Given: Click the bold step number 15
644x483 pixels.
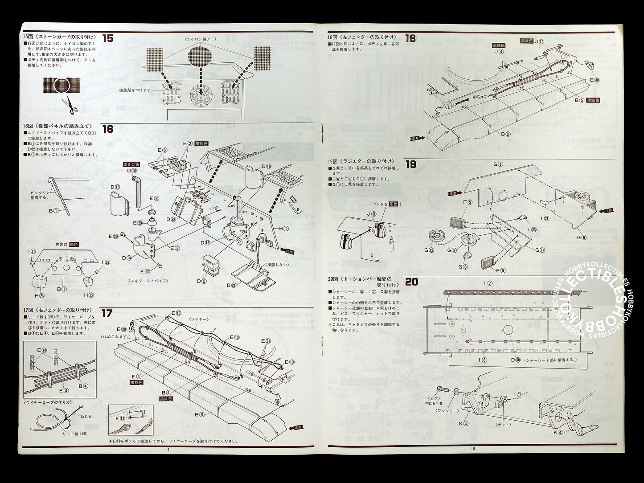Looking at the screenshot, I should point(107,38).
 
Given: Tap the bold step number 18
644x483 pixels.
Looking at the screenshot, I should point(410,38).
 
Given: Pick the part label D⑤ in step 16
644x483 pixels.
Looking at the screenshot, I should point(202,281).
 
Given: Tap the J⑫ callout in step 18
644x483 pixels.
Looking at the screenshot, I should point(539,41).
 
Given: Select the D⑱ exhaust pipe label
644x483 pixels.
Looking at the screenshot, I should point(132,171).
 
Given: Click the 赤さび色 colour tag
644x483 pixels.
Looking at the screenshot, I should point(131,164).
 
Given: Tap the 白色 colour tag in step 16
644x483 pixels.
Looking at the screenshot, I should point(74,245).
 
